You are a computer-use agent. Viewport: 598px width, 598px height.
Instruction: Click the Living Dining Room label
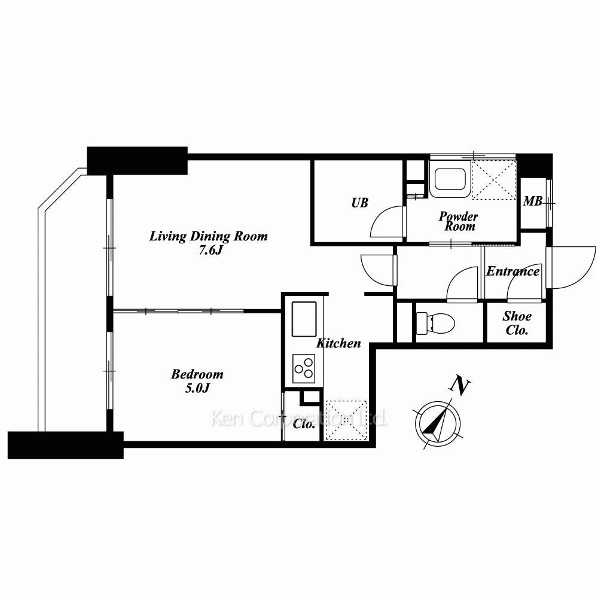tap(208, 236)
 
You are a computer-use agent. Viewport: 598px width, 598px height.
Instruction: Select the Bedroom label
tap(197, 374)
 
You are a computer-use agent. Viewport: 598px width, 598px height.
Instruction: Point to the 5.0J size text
tap(197, 388)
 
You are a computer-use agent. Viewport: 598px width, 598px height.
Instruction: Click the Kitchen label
tap(338, 343)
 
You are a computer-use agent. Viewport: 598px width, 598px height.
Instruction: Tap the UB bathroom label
tap(359, 203)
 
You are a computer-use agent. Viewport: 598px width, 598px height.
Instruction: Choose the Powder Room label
tap(459, 221)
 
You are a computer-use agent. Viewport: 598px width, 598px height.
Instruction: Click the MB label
tap(532, 201)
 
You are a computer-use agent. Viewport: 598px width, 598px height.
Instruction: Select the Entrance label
tap(512, 271)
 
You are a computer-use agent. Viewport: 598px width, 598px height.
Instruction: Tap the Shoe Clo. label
tap(517, 323)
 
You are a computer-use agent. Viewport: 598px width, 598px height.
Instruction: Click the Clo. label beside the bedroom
tap(304, 424)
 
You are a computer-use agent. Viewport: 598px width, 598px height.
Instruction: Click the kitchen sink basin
tap(304, 319)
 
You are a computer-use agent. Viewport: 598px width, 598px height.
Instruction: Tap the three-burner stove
tap(304, 368)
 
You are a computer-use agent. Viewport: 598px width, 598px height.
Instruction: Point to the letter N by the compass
tap(460, 386)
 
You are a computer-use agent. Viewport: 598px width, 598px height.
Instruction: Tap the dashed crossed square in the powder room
tap(495, 179)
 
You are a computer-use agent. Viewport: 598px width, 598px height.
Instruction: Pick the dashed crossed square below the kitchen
tap(346, 420)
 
